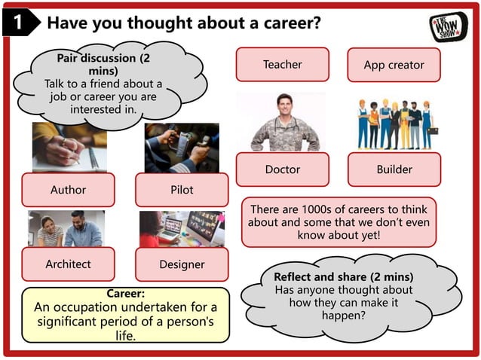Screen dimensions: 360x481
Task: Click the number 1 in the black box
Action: pos(16,23)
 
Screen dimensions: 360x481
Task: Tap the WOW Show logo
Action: pos(449,26)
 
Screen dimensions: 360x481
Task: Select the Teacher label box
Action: pos(282,65)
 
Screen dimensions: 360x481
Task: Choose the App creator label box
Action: pos(394,66)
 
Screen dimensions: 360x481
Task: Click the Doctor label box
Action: pos(282,169)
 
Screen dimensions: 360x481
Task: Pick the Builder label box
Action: pos(394,169)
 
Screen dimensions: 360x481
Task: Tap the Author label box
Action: pos(68,190)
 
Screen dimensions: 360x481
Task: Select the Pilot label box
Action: pos(181,190)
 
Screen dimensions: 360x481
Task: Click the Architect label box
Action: pos(68,264)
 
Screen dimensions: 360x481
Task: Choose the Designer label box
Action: pos(181,264)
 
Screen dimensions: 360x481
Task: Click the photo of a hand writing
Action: pos(69,147)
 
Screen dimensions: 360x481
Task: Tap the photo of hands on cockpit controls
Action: pos(182,148)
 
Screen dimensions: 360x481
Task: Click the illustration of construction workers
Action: pos(394,124)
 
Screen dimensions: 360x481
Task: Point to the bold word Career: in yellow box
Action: pos(126,293)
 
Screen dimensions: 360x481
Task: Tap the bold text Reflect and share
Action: pos(343,276)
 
